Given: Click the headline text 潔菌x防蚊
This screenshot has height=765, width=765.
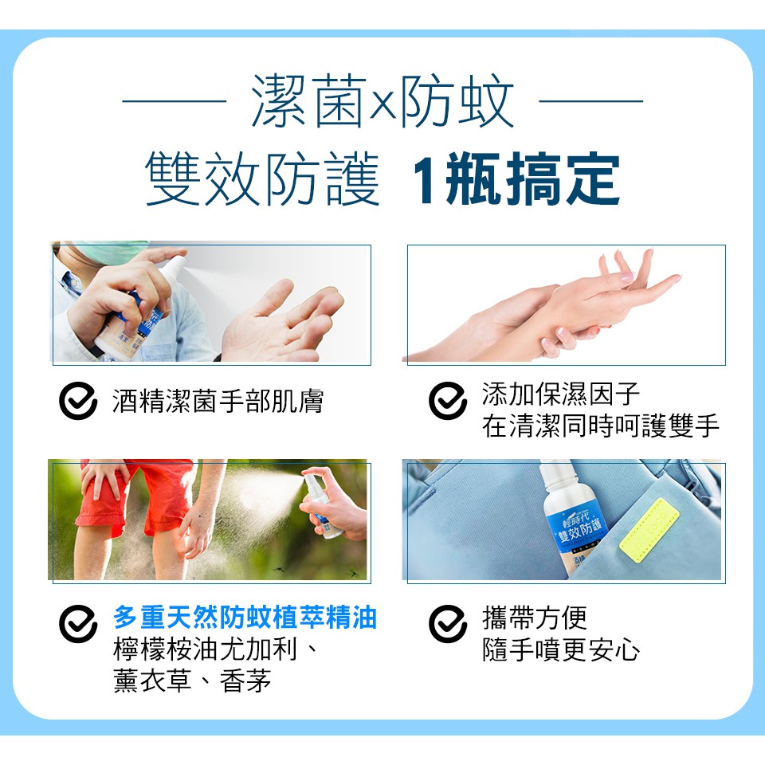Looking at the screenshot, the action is point(382,101).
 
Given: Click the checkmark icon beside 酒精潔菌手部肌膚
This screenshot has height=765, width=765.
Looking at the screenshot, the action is point(78,401).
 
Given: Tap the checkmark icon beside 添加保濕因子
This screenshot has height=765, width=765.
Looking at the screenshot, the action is point(448,401).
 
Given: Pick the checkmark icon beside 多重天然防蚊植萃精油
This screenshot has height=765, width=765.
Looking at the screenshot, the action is point(78,624).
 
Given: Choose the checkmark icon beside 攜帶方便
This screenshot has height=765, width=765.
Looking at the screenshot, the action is point(448,624).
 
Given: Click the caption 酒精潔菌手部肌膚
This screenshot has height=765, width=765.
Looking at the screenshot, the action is point(218,402).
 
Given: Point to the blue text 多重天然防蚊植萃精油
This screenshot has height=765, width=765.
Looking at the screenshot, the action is point(245,617).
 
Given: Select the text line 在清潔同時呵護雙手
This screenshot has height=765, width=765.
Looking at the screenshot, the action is point(601,426).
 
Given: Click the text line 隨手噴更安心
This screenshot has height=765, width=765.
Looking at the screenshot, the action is point(561,650).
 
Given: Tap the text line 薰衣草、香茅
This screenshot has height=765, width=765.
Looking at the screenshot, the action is point(192,681).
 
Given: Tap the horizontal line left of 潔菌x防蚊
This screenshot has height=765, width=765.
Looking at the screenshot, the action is point(175,101).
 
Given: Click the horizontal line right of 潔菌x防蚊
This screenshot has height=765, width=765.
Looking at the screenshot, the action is point(590,101).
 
